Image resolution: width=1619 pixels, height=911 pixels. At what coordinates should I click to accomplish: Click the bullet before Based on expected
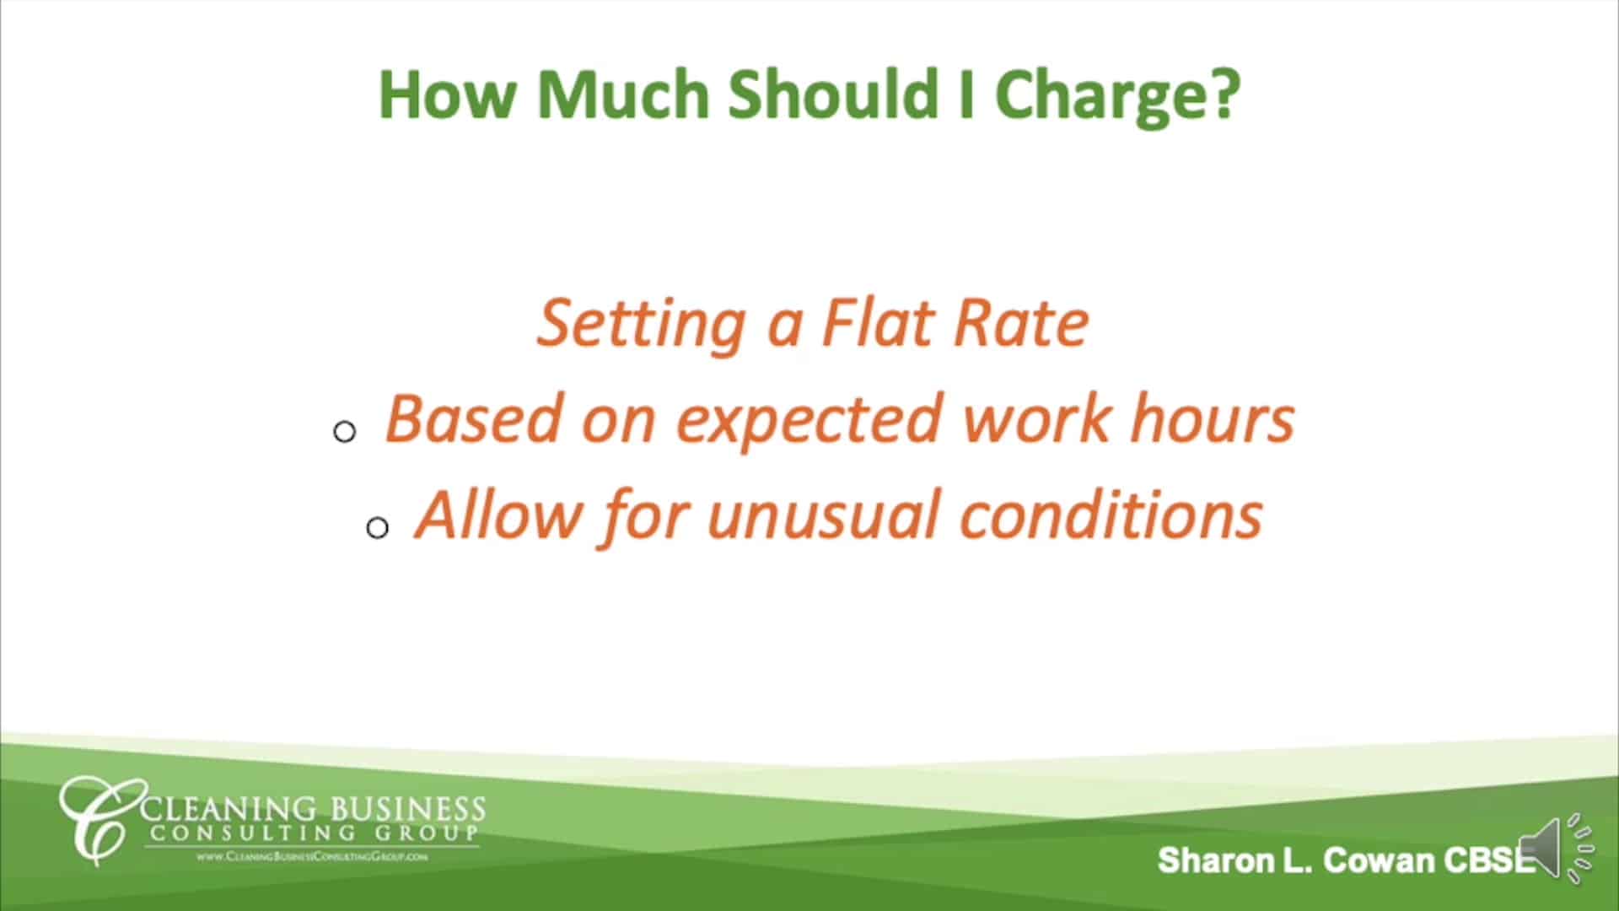click(x=345, y=432)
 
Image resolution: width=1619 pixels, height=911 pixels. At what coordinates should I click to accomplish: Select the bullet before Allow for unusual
click(x=377, y=528)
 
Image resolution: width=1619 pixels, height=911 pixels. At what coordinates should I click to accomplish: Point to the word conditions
click(x=1111, y=515)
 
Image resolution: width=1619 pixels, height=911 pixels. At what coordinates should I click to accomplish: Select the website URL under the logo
click(x=312, y=856)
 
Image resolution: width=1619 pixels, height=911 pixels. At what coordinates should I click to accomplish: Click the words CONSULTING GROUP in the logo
click(x=312, y=833)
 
